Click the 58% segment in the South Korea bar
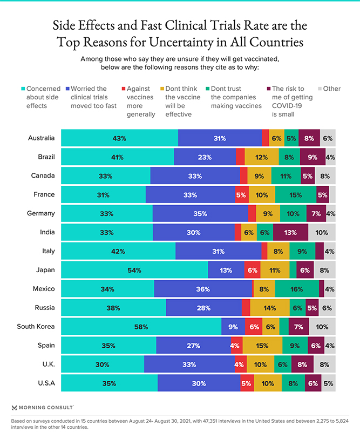(x=141, y=327)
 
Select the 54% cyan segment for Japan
(x=134, y=270)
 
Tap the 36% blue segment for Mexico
(x=203, y=289)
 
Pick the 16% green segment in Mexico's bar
(x=297, y=289)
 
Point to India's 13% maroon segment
(x=290, y=232)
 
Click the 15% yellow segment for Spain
(x=262, y=345)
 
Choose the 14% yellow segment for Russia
(x=270, y=307)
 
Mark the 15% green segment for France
(x=296, y=194)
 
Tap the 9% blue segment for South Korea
(x=233, y=327)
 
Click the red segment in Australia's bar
(x=266, y=138)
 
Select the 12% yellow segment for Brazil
(x=262, y=157)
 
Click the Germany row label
(x=41, y=213)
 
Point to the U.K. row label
(x=49, y=364)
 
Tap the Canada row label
(x=43, y=175)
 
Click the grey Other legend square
(x=320, y=89)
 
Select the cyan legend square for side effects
(x=23, y=89)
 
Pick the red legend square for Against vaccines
(x=124, y=89)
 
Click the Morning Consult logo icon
(x=14, y=408)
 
